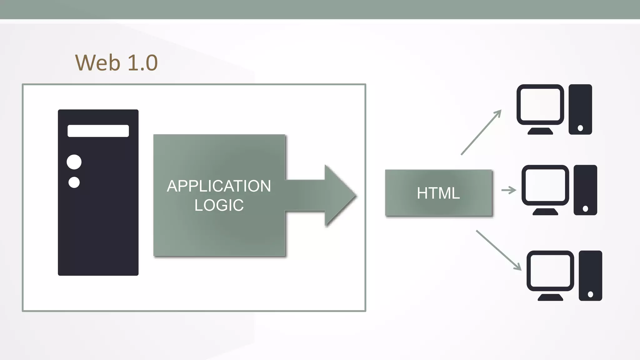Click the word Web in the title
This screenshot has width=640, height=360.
pos(97,63)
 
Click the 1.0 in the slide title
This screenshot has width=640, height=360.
pos(142,63)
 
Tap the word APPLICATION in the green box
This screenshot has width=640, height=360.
pos(219,186)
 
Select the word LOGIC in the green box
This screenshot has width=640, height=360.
pos(219,205)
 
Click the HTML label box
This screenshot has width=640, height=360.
pos(438,193)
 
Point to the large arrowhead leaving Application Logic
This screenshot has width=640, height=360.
pos(339,196)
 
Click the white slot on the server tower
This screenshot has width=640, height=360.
pos(98,131)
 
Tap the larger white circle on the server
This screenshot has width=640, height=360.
pos(74,162)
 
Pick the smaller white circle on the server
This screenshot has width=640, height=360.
pos(74,182)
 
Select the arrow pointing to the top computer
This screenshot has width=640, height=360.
pos(481,132)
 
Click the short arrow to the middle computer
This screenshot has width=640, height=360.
pos(508,190)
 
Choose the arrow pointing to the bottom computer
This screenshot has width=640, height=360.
pos(498,250)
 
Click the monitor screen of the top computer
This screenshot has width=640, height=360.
pos(540,104)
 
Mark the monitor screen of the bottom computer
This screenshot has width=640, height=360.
pos(550,271)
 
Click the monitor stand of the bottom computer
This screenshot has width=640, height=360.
pos(550,297)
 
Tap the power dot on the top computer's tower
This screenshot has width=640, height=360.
pos(580,128)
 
